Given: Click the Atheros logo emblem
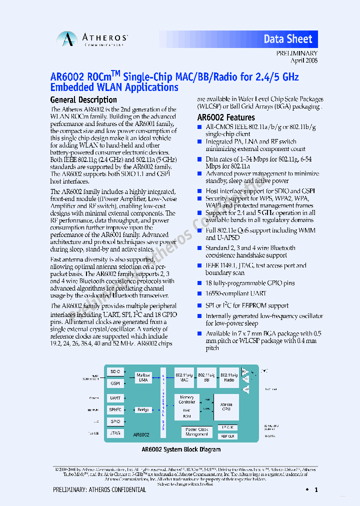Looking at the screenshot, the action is (66, 39).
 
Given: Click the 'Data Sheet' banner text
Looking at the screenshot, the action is (288, 39).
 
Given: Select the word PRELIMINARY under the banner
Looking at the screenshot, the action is (297, 53).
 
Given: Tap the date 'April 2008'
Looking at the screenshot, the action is (304, 60).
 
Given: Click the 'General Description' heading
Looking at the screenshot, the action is (83, 99).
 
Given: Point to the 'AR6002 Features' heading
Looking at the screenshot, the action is (226, 118).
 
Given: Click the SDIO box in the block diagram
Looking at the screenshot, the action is (115, 372).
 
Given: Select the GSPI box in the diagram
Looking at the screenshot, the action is (115, 383).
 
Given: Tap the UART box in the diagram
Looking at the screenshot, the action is (115, 398).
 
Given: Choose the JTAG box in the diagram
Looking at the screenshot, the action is (115, 433).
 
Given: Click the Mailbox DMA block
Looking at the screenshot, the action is (143, 377).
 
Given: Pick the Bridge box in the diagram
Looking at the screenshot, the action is (143, 409).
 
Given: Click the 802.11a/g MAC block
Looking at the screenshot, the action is (184, 377).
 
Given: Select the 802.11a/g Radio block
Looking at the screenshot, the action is (229, 377).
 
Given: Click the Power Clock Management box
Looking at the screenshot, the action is (196, 431).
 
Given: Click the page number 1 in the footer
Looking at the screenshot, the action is (316, 490).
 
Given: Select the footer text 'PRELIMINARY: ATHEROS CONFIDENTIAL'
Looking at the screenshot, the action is (99, 490).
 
